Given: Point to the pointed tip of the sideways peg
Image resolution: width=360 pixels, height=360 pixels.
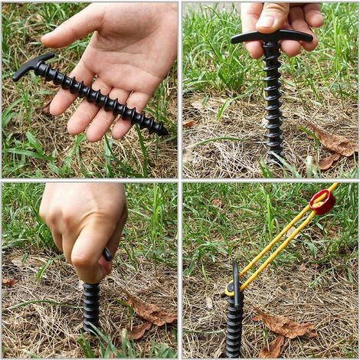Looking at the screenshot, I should [163, 132].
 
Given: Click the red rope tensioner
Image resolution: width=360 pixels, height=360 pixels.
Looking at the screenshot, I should [322, 202].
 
